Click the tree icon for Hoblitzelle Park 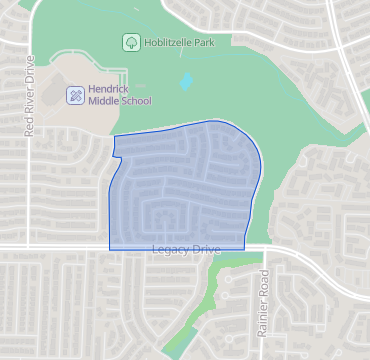130,42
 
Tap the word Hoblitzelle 171,42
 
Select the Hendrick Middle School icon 75,96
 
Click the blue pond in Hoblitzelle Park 186,82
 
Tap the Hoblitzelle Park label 180,42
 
